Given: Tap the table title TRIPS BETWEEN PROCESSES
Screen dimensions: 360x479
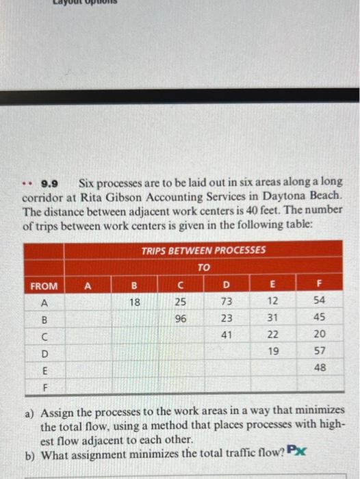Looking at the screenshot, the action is point(203,250).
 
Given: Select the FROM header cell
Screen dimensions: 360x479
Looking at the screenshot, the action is point(44,285).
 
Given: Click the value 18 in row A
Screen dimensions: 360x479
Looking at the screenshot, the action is point(134,301).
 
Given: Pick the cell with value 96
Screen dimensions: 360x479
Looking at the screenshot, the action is point(181,318).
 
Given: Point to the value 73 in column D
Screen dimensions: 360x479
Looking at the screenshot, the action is point(227,301).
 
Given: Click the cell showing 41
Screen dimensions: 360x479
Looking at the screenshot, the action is point(227,335).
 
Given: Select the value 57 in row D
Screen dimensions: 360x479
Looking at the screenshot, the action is point(319,351).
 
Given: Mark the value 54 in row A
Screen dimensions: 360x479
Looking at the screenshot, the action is point(319,301).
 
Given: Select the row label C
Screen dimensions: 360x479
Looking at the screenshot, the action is point(44,335).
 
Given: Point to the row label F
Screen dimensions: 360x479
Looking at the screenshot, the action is point(44,385).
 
